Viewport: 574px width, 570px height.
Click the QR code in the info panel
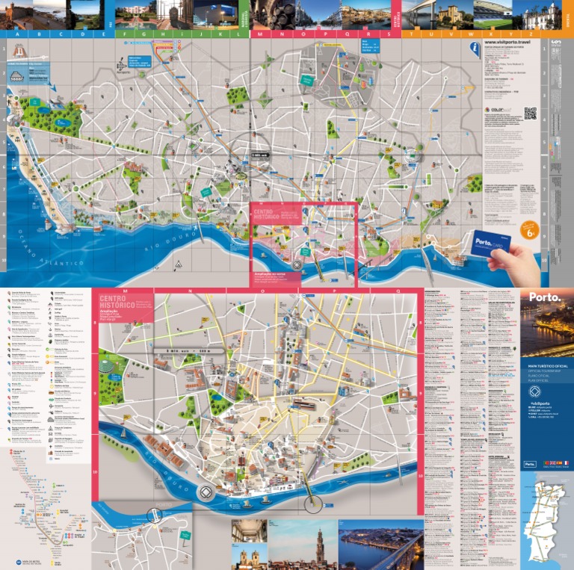click(x=530, y=114)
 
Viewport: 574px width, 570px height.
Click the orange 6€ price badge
click(x=529, y=232)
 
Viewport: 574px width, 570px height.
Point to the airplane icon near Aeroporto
click(x=122, y=66)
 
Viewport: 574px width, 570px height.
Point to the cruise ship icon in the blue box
click(x=17, y=76)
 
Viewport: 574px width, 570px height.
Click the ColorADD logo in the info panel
click(x=496, y=110)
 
